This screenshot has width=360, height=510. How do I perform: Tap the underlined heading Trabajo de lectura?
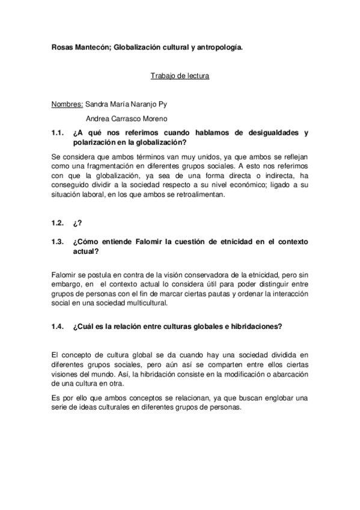pos(179,76)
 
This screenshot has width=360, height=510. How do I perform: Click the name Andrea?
pos(100,118)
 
